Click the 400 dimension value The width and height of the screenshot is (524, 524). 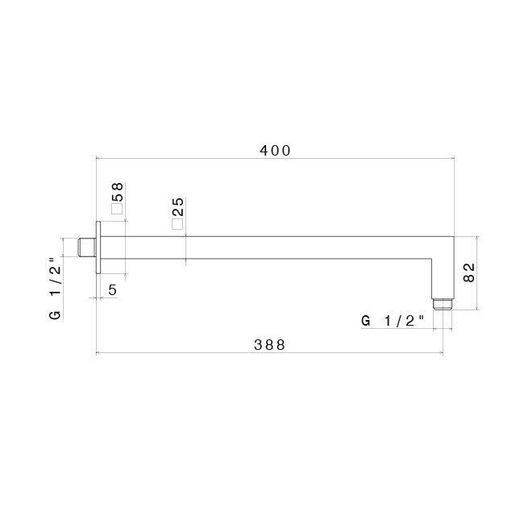(x=275, y=151)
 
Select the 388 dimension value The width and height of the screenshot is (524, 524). (x=269, y=344)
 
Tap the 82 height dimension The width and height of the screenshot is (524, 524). (x=469, y=272)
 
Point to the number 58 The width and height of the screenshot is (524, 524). (x=118, y=192)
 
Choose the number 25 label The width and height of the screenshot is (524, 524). (x=177, y=207)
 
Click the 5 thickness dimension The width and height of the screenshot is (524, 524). (x=113, y=289)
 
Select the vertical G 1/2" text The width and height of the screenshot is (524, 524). (x=56, y=289)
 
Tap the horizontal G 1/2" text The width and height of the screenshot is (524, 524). (x=393, y=321)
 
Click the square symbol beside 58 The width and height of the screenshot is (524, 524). (x=117, y=209)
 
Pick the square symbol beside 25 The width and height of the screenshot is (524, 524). (x=177, y=224)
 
